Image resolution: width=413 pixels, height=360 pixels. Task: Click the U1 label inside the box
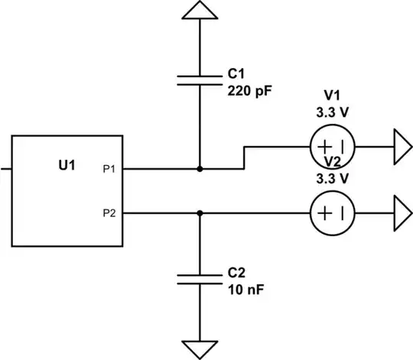(67, 164)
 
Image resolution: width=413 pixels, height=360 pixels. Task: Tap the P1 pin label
(109, 168)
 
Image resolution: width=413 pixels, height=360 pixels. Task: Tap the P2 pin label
(109, 214)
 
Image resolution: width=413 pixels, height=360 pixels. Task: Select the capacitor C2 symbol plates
(200, 278)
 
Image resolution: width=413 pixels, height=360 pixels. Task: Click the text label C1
(236, 76)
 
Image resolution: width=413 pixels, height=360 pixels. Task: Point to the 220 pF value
(250, 89)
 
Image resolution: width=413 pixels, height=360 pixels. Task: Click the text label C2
(236, 273)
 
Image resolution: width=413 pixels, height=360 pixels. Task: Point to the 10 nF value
(246, 288)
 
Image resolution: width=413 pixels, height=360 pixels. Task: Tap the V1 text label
(332, 96)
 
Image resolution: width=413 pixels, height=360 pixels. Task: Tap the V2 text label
(332, 162)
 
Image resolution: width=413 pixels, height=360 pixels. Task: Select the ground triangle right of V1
(402, 145)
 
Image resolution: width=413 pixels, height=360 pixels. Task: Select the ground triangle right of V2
(402, 213)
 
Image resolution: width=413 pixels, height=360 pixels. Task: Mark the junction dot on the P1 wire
(200, 168)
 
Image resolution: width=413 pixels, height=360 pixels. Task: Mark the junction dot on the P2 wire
(200, 213)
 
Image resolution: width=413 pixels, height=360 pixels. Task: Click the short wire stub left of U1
(5, 168)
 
